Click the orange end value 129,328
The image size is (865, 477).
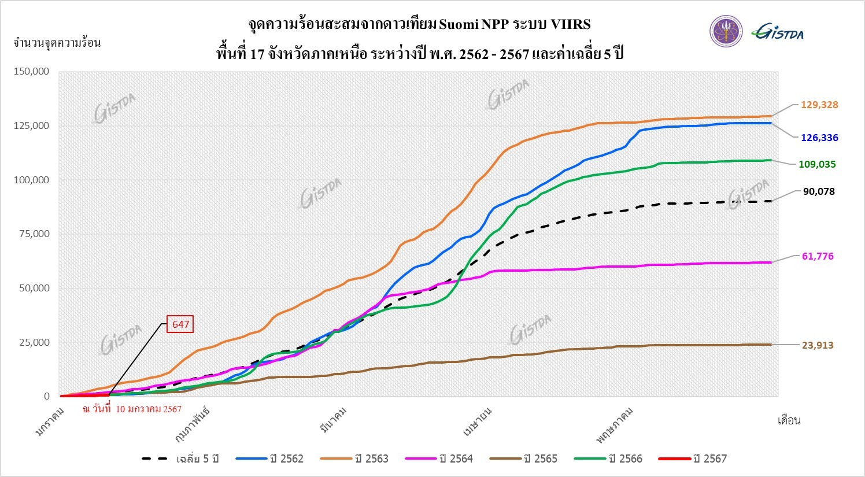tap(819, 105)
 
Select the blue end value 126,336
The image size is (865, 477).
tap(819, 138)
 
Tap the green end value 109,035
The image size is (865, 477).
tap(818, 164)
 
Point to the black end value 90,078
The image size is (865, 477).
tap(819, 191)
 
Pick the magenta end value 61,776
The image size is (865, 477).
tap(818, 256)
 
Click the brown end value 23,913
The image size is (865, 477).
tap(818, 345)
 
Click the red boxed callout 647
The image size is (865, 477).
tap(180, 324)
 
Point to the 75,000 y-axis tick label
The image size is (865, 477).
tap(33, 234)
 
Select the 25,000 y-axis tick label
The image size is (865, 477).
tap(33, 342)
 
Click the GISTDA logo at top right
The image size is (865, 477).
tap(778, 32)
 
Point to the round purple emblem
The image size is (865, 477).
tap(726, 32)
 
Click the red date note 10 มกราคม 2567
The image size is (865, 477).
tap(132, 409)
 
